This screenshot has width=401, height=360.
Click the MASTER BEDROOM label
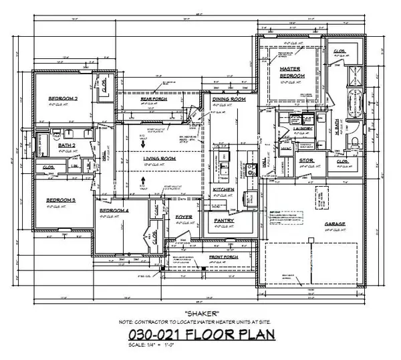coord(292,72)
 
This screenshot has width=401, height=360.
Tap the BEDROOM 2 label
coord(63,99)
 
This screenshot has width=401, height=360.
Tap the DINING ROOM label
coord(229,99)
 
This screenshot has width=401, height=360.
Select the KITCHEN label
coord(223,190)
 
